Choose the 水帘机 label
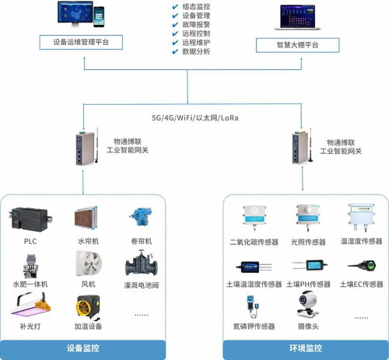[x=88, y=242]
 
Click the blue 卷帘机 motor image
[x=142, y=216]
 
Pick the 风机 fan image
[x=87, y=264]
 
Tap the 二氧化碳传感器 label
[x=253, y=243]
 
